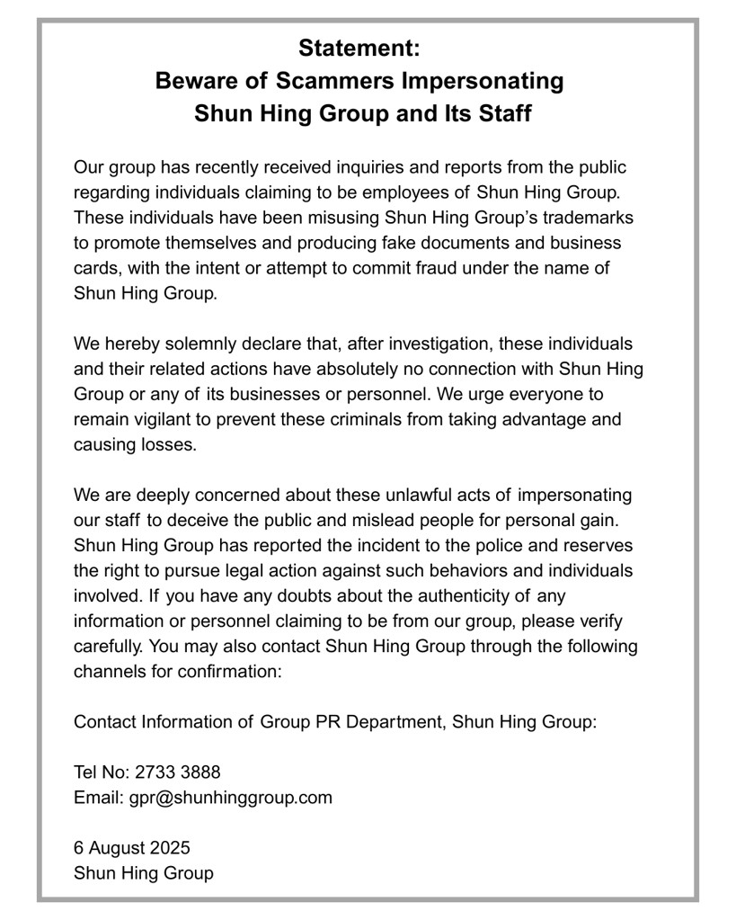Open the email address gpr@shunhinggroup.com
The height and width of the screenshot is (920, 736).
click(x=230, y=797)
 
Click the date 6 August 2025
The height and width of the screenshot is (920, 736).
click(x=132, y=847)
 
